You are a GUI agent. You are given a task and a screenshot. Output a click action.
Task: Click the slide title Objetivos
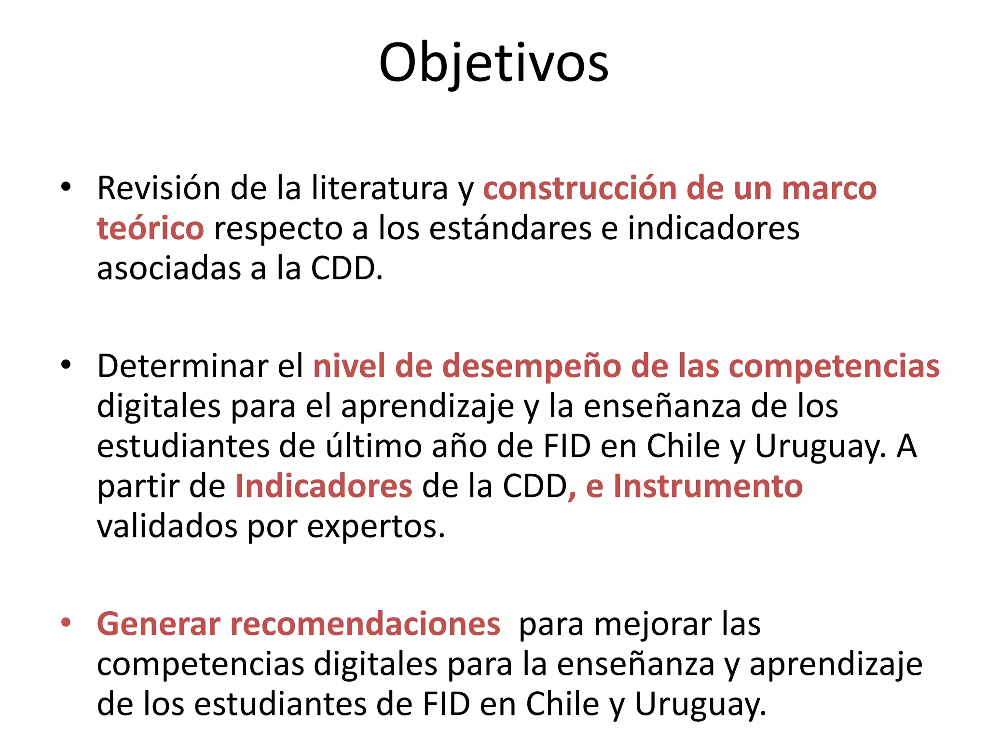(x=494, y=63)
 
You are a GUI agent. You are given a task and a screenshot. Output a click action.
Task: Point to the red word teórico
(x=151, y=228)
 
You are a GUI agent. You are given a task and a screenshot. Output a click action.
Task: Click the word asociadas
(x=168, y=268)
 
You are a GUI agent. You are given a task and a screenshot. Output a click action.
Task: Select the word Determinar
(x=182, y=366)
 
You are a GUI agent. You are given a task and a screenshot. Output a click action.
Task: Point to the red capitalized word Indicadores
(x=324, y=486)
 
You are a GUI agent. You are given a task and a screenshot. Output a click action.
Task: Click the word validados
(x=167, y=526)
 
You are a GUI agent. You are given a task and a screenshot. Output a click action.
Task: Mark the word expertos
(x=376, y=527)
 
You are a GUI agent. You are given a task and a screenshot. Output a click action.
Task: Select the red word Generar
(x=158, y=624)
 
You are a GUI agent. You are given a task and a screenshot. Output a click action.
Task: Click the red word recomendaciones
(x=365, y=624)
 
